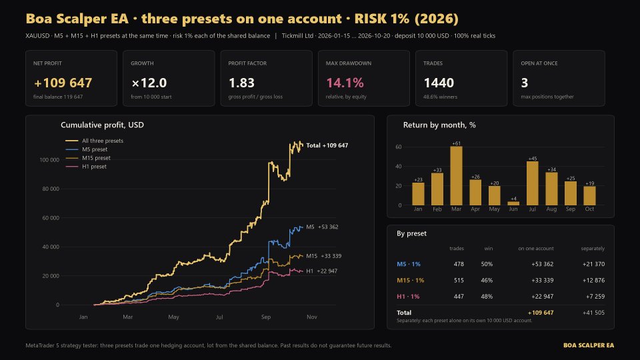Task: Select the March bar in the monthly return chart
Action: click(x=456, y=175)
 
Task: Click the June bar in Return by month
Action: click(x=513, y=203)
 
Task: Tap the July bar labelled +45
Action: click(x=532, y=183)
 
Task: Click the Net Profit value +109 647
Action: click(x=63, y=83)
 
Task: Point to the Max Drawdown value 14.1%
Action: click(x=345, y=83)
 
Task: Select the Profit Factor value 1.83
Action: click(x=241, y=83)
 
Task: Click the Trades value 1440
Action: click(x=439, y=83)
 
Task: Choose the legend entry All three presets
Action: click(x=94, y=141)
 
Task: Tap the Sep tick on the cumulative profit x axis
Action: click(x=266, y=317)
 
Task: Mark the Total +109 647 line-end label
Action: click(x=327, y=145)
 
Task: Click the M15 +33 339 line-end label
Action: click(x=324, y=256)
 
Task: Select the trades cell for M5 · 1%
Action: click(x=459, y=264)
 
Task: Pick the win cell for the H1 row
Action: click(x=487, y=296)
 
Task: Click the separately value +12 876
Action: click(x=593, y=281)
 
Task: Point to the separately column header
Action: click(x=593, y=249)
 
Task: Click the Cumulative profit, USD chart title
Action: click(x=102, y=125)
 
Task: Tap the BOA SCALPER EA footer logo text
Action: click(x=589, y=345)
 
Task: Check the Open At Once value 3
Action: click(x=525, y=83)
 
